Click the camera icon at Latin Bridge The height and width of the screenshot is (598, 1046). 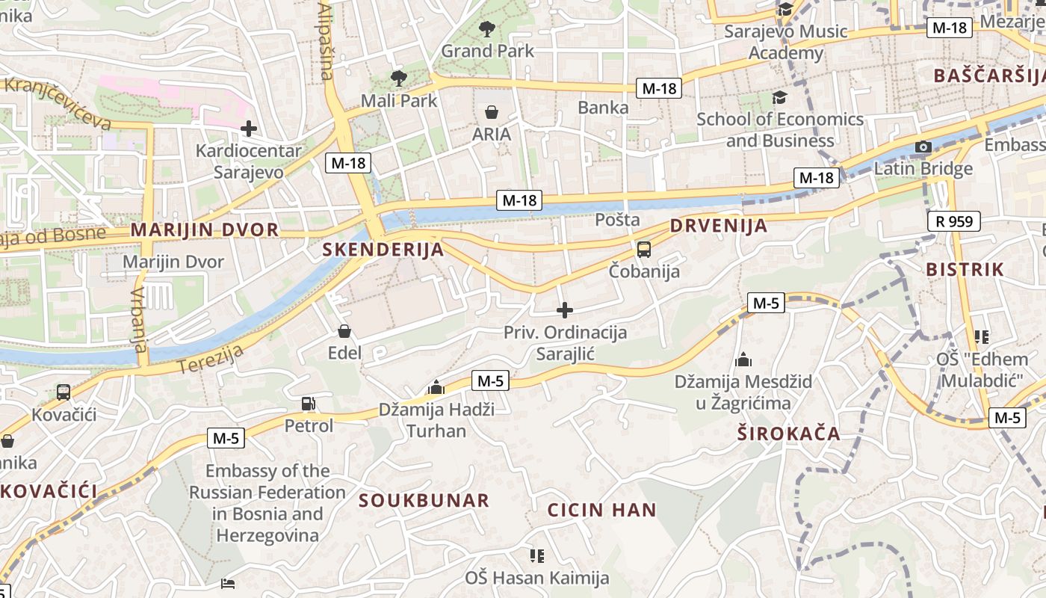point(923,147)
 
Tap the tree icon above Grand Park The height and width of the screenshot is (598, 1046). point(487,29)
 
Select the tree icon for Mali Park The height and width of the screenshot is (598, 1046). point(399,77)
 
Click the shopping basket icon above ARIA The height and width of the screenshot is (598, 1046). point(492,113)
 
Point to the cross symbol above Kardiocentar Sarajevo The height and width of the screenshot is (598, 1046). point(249,129)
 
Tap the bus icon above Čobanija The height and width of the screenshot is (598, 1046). point(643,250)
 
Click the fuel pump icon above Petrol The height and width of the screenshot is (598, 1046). point(308,404)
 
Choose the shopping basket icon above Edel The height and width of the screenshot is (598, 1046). point(344,331)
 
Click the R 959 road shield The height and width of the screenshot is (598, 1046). point(953,221)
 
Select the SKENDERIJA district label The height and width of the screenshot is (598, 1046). point(383,250)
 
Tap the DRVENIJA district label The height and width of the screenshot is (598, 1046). point(718,226)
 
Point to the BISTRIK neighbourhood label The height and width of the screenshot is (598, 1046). point(965,270)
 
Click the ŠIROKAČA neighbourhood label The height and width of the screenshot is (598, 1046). point(788,434)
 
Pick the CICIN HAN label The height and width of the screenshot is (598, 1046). point(601,511)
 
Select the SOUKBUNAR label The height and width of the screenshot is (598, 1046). point(424,500)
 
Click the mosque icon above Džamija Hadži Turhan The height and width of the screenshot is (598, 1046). point(436,387)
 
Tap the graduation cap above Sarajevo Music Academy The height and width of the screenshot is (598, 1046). point(785,10)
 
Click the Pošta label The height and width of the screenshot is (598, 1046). point(617,220)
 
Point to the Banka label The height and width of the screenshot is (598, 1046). point(603,108)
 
